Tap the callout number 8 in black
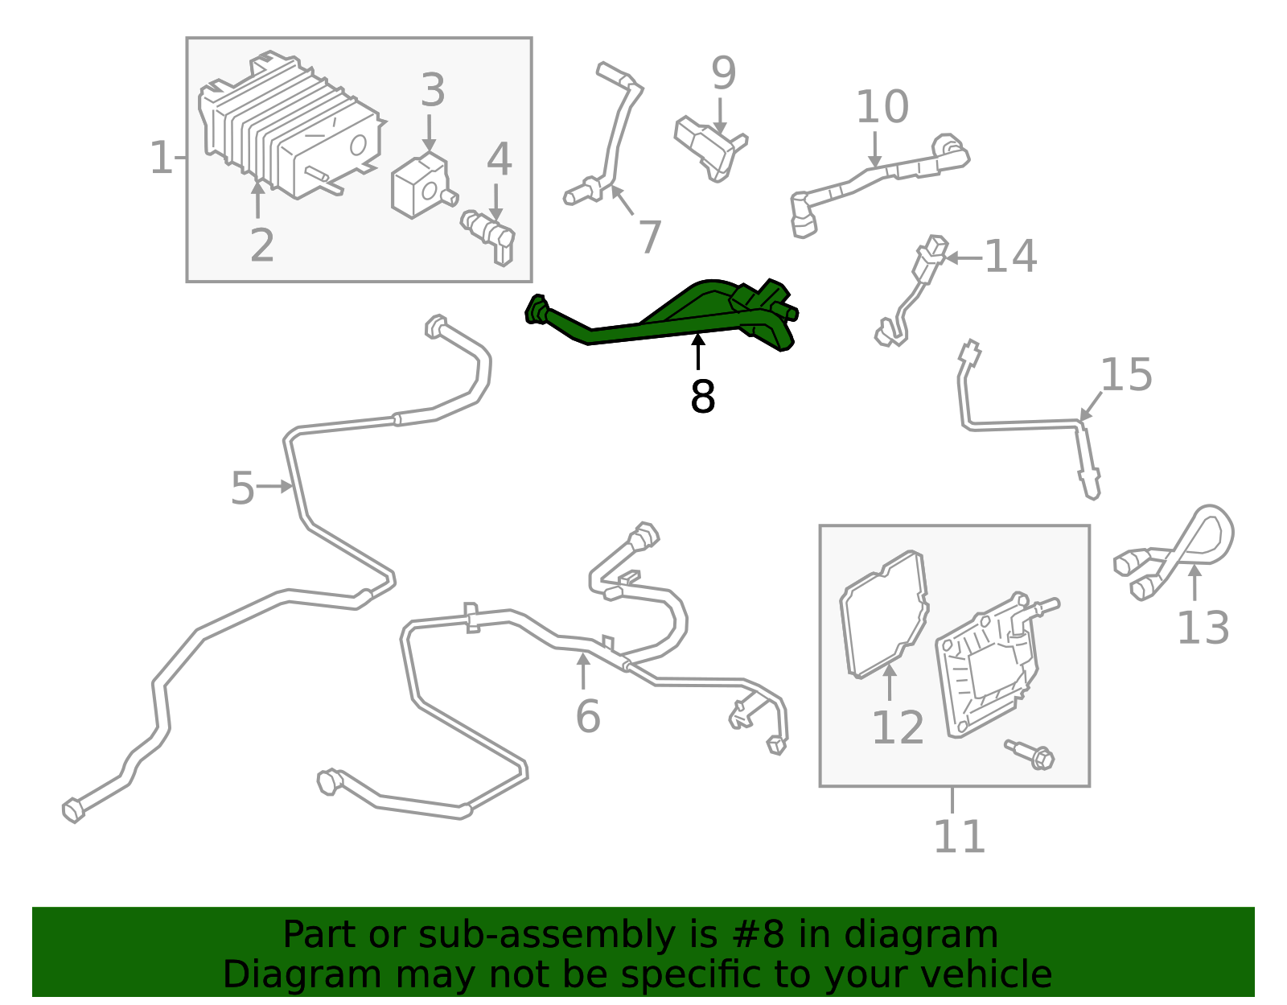coord(702,397)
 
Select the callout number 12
coord(898,728)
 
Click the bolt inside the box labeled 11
coord(1032,755)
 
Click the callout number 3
coord(433,90)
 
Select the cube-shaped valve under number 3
coord(420,187)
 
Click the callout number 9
coord(723,73)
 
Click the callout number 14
coord(1010,257)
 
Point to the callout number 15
coord(1126,375)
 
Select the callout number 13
coord(1203,628)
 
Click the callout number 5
coord(242,488)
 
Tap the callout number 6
coord(588,716)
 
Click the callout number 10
coord(882,107)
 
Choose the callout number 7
coord(649,237)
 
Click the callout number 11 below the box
coord(959,837)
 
